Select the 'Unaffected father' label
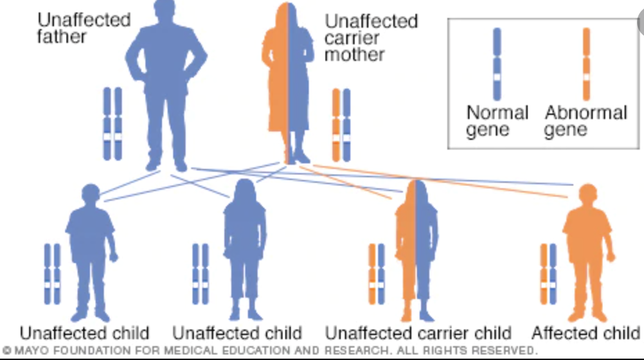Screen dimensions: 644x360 (84, 27)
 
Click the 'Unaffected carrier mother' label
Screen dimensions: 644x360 (371, 37)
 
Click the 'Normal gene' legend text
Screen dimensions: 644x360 (497, 121)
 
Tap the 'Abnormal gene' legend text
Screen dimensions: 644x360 (585, 121)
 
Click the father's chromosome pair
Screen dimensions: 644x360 (112, 125)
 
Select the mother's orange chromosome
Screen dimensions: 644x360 (337, 125)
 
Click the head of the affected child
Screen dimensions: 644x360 (587, 195)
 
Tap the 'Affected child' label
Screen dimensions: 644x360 (585, 334)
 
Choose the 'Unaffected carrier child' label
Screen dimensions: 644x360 (418, 334)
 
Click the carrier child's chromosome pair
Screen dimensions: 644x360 (377, 274)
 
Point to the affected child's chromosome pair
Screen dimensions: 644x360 (548, 274)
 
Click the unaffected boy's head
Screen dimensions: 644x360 (91, 195)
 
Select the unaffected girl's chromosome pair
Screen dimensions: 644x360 (201, 274)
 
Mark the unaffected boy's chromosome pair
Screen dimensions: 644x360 (52, 274)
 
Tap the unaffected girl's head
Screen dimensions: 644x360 (245, 192)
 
